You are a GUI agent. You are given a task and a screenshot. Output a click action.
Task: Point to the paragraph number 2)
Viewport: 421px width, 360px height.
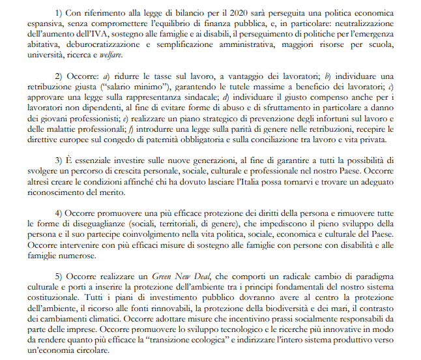coord(61,76)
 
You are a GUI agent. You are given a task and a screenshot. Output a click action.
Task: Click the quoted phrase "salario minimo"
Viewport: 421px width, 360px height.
coord(115,87)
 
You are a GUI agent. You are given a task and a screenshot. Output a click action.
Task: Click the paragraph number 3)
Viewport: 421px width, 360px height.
coord(61,160)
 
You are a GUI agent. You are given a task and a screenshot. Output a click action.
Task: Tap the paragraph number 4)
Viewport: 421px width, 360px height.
coord(61,213)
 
